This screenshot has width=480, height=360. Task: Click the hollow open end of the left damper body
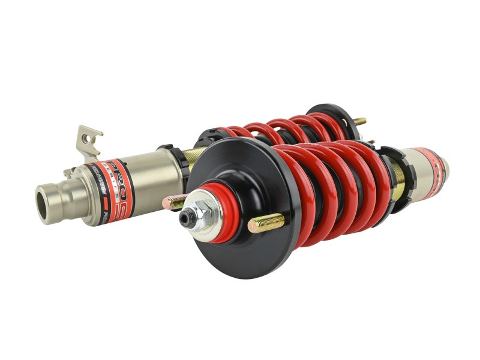44,197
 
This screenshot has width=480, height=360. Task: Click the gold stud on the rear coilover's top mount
359,121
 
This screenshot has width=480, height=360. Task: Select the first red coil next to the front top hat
291,192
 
